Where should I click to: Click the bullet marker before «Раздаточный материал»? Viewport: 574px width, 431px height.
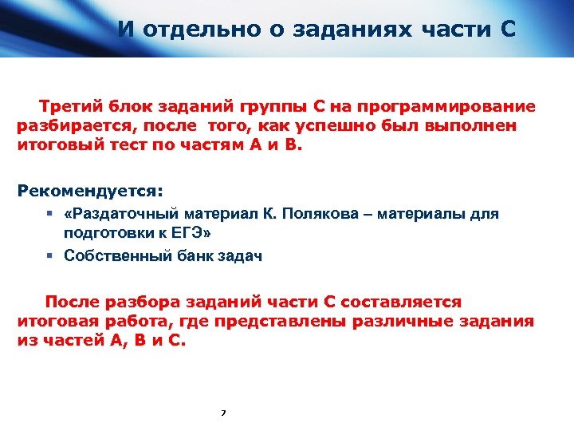pos(49,214)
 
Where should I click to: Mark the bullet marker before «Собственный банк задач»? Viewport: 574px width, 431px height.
pos(49,256)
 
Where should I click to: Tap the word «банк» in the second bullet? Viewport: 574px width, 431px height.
pos(185,256)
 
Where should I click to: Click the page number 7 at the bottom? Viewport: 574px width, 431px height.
pos(223,413)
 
